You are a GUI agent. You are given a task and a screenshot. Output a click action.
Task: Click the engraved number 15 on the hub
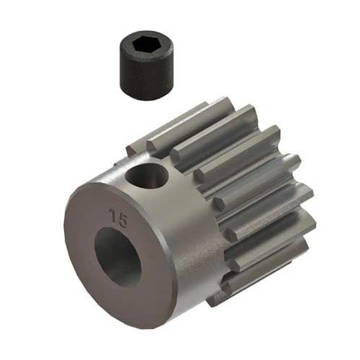coord(114,215)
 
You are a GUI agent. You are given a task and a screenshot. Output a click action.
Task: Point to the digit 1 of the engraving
coord(109,214)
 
